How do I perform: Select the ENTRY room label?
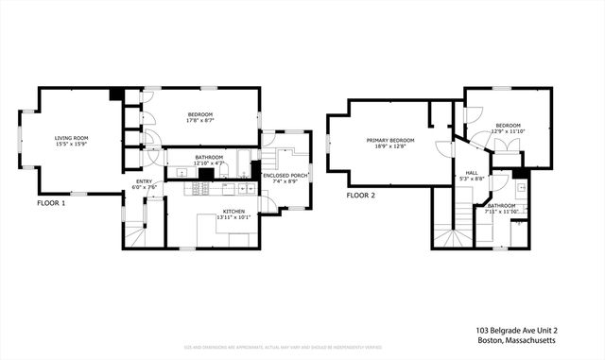pyautogui.click(x=144, y=180)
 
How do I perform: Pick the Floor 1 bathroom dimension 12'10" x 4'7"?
pyautogui.click(x=209, y=163)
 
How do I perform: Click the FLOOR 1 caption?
pyautogui.click(x=51, y=203)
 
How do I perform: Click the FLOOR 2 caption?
pyautogui.click(x=360, y=196)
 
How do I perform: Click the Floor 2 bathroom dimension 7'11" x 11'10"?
pyautogui.click(x=502, y=211)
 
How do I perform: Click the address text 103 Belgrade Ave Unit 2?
pyautogui.click(x=517, y=331)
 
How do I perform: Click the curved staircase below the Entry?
pyautogui.click(x=136, y=232)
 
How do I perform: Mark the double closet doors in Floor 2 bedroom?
pyautogui.click(x=508, y=146)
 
